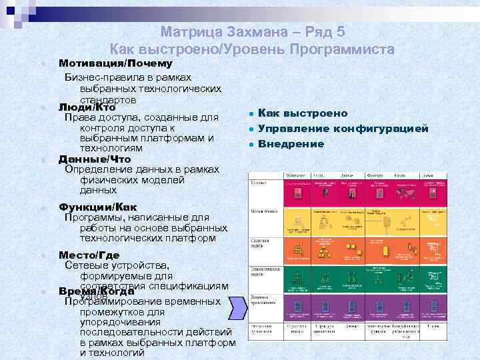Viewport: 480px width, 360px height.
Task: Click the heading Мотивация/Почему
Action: tap(115, 63)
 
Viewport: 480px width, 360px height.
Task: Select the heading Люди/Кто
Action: tap(87, 107)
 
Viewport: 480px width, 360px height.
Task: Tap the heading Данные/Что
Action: tap(95, 159)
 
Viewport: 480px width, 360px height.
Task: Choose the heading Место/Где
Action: tap(89, 255)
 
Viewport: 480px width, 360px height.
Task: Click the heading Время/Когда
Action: tap(97, 291)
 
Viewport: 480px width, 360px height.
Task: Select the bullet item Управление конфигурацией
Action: tap(343, 129)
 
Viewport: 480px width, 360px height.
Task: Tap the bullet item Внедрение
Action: tap(291, 143)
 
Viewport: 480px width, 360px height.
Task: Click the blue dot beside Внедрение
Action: tap(248, 144)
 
